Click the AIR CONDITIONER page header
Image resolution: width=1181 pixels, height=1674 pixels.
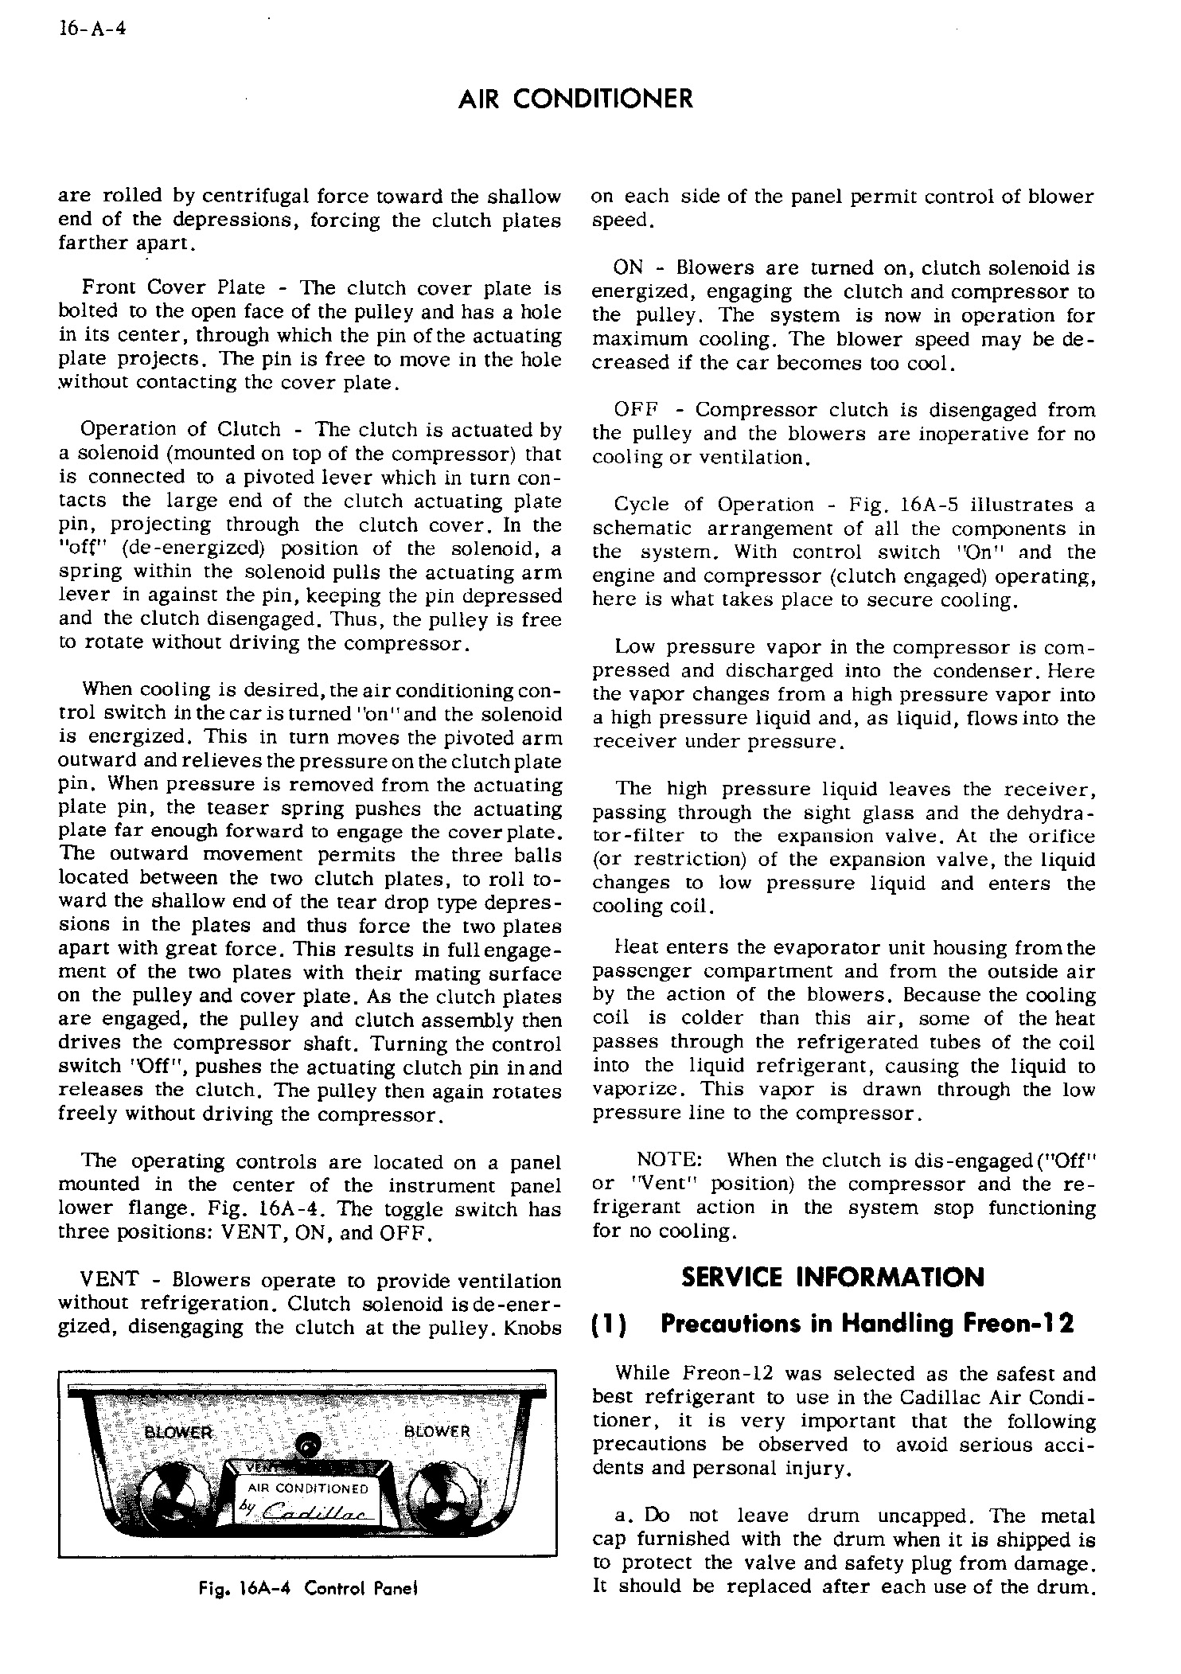[576, 100]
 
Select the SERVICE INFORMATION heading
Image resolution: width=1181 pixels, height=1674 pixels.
[833, 1278]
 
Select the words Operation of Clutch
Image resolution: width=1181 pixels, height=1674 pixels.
[180, 430]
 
